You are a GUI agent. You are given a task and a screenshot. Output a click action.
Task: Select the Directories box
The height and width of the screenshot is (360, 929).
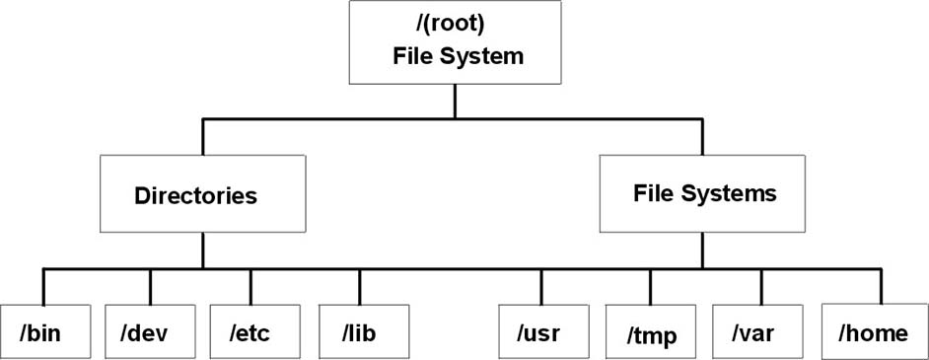coord(202,193)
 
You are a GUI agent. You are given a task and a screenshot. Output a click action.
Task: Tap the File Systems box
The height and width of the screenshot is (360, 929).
coord(703,193)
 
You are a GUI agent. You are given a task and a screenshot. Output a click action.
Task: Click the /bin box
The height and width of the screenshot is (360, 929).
coord(45,332)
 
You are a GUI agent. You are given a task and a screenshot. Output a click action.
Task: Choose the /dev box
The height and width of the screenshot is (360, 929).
coord(150,332)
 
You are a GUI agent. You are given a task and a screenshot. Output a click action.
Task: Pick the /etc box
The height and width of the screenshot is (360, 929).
coord(250,332)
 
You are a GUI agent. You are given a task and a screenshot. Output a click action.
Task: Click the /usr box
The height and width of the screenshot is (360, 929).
coord(540,332)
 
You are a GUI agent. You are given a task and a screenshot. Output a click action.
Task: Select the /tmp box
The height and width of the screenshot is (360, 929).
coord(652,332)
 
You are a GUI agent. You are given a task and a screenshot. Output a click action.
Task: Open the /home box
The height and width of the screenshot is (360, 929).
coord(874,332)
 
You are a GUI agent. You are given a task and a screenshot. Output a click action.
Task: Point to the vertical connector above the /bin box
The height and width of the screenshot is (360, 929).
coord(44,285)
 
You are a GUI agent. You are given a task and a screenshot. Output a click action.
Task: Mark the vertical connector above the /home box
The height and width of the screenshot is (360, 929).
coord(882,285)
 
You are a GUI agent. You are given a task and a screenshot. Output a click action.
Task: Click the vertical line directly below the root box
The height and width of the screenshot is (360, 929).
coord(454,102)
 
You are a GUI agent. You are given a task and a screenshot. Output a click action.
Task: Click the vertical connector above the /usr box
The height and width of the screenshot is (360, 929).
coord(541,285)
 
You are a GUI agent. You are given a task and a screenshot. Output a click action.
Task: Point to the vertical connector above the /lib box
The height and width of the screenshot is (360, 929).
coord(359,285)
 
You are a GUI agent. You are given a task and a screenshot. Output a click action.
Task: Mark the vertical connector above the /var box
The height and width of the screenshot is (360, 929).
coord(761,285)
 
